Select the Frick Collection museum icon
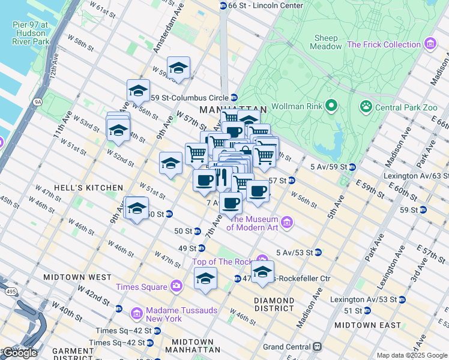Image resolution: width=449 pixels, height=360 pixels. click(x=429, y=44)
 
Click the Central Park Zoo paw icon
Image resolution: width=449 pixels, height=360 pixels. click(x=365, y=107)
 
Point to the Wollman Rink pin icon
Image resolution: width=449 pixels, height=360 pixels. click(x=331, y=107)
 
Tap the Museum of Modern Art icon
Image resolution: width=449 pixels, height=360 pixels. click(x=287, y=222)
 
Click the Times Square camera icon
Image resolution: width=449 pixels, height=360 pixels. click(x=176, y=286)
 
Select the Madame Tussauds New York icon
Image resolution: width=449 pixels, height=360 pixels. click(x=136, y=313)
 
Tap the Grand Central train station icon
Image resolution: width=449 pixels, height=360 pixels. click(x=316, y=347)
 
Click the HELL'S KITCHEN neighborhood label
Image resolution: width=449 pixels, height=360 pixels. click(x=88, y=188)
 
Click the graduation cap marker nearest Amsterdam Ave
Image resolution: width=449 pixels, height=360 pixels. click(x=178, y=68)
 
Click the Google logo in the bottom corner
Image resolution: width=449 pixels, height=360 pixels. click(x=20, y=353)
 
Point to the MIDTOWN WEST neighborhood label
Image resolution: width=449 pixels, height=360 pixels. click(x=77, y=277)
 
